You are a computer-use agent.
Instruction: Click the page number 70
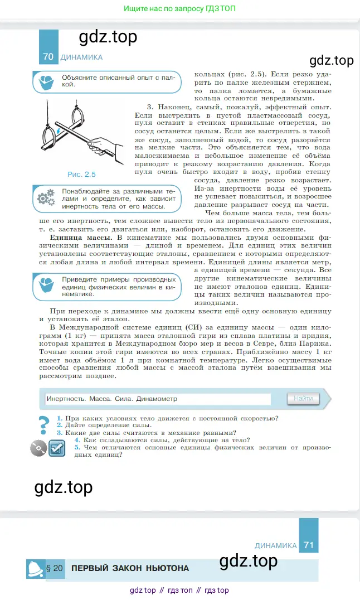click(x=48, y=57)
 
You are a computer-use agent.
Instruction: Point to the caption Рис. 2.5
click(x=81, y=174)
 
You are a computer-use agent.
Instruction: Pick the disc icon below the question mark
click(x=38, y=448)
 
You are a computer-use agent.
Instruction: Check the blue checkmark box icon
click(x=57, y=448)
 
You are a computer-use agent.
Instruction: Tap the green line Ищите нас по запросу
click(x=179, y=9)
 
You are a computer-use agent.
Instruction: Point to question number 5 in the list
click(x=77, y=447)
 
